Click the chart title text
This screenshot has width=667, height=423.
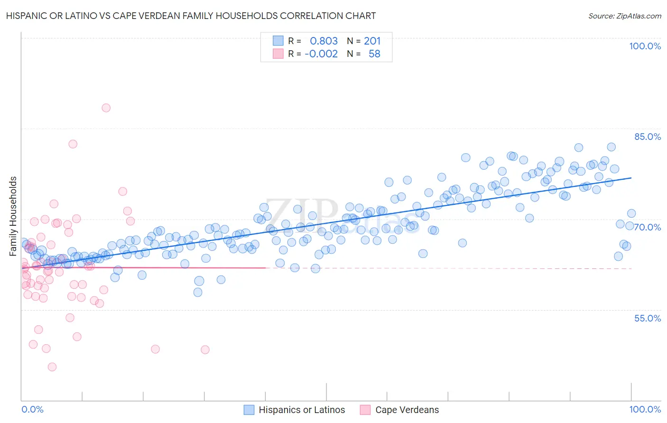pos(191,16)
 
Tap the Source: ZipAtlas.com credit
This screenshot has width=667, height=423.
pos(624,16)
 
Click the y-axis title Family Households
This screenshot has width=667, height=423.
pos(13,216)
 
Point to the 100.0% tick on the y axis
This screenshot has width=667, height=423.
pos(645,46)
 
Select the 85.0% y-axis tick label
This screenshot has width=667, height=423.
pos(647,137)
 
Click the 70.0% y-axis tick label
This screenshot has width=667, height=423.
pos(647,227)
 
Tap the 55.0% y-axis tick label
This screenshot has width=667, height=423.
pos(647,318)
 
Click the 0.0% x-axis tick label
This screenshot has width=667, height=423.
pos(32,409)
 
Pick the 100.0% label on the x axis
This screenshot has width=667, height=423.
pos(645,409)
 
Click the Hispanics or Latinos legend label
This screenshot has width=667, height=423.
pos(302,410)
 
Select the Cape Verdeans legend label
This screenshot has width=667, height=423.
pos(407,410)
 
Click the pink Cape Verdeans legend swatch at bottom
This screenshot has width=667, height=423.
pos(365,410)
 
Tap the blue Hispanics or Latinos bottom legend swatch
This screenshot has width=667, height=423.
pos(249,410)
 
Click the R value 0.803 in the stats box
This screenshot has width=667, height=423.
pos(324,41)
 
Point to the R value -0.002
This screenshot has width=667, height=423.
pos(321,54)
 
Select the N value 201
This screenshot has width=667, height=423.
pos(372,41)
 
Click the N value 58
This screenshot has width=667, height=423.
pos(374,54)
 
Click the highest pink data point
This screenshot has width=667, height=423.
pos(106,108)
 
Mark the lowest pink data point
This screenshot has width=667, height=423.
pos(52,367)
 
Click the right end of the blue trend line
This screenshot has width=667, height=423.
pos(631,178)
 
